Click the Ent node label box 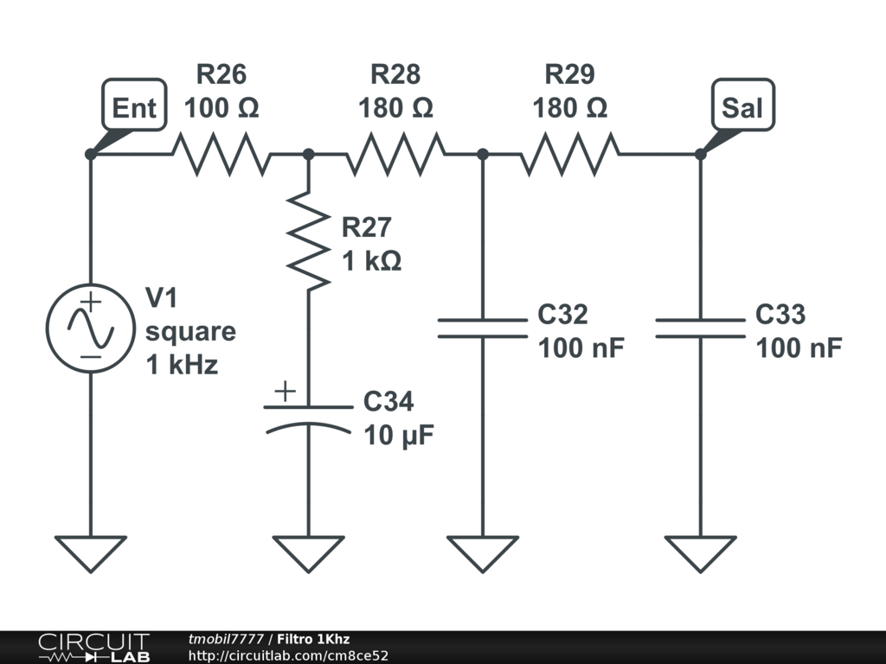tap(134, 105)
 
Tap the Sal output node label tap(742, 105)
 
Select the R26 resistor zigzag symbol tap(221, 154)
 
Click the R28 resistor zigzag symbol tap(395, 154)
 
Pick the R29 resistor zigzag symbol tap(569, 154)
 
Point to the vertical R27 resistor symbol tap(309, 241)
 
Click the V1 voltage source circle tap(90, 328)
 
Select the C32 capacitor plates tap(483, 328)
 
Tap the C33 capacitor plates tap(700, 328)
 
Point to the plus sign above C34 tap(286, 391)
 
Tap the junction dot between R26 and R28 tap(309, 154)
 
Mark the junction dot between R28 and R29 tap(483, 154)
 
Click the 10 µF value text tap(399, 436)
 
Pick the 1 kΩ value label tap(372, 261)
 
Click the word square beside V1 tap(190, 333)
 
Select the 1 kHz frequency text tap(182, 365)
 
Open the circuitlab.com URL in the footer tap(288, 655)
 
